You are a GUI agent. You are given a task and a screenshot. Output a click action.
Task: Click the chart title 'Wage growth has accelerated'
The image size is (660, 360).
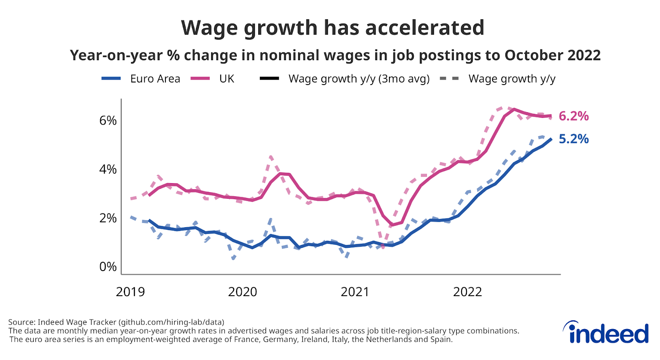coord(332,28)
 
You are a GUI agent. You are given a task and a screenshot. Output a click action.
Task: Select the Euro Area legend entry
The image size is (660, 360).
coord(141,79)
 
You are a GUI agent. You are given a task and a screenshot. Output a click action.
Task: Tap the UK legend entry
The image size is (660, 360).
coord(212,79)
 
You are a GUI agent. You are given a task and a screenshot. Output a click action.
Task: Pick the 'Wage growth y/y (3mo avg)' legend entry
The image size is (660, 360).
coord(344,79)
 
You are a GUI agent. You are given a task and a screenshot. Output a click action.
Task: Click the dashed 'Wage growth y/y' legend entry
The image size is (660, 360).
coord(498,79)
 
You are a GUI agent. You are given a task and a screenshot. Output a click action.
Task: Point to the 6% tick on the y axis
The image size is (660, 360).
coord(108,120)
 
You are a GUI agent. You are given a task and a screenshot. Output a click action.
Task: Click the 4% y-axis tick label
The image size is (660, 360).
coord(108,169)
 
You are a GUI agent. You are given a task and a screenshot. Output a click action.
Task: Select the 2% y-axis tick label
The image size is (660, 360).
coord(108,218)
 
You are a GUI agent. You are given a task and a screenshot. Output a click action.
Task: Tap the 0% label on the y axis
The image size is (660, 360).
coord(108,267)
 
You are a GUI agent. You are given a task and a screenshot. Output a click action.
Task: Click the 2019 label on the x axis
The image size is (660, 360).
coord(130,292)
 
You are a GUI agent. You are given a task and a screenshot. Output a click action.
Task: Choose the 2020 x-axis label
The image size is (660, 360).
coord(243,292)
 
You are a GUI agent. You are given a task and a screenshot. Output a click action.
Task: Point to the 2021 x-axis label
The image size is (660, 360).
coord(355,292)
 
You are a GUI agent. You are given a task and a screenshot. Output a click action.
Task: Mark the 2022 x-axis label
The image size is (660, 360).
coord(467,292)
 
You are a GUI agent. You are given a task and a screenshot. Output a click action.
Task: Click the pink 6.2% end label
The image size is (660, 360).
coord(573,116)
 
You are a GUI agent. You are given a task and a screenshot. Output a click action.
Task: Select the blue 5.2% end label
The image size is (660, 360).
coord(573,139)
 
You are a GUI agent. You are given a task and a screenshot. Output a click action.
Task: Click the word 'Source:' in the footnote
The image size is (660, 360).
coord(22,322)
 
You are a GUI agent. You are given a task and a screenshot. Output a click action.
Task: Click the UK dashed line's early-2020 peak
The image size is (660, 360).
coord(271,157)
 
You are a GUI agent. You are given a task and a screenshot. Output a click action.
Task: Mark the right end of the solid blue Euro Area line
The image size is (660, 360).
coord(551,139)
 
